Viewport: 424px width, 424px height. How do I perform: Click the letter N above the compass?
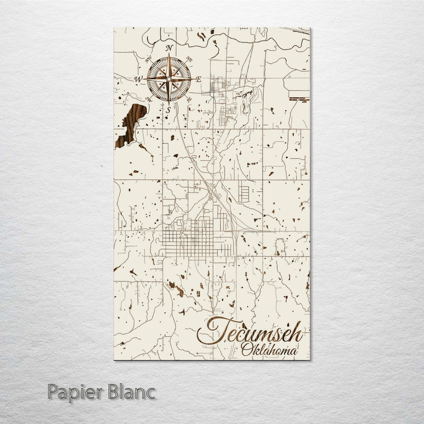click(169, 47)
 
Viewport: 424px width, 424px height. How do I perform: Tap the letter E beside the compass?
click(199, 78)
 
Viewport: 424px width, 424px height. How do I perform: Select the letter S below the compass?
click(168, 110)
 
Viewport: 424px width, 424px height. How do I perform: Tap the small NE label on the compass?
click(188, 58)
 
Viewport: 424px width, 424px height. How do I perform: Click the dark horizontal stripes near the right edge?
click(300, 99)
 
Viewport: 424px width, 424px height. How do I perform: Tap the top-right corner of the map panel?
click(310, 28)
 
